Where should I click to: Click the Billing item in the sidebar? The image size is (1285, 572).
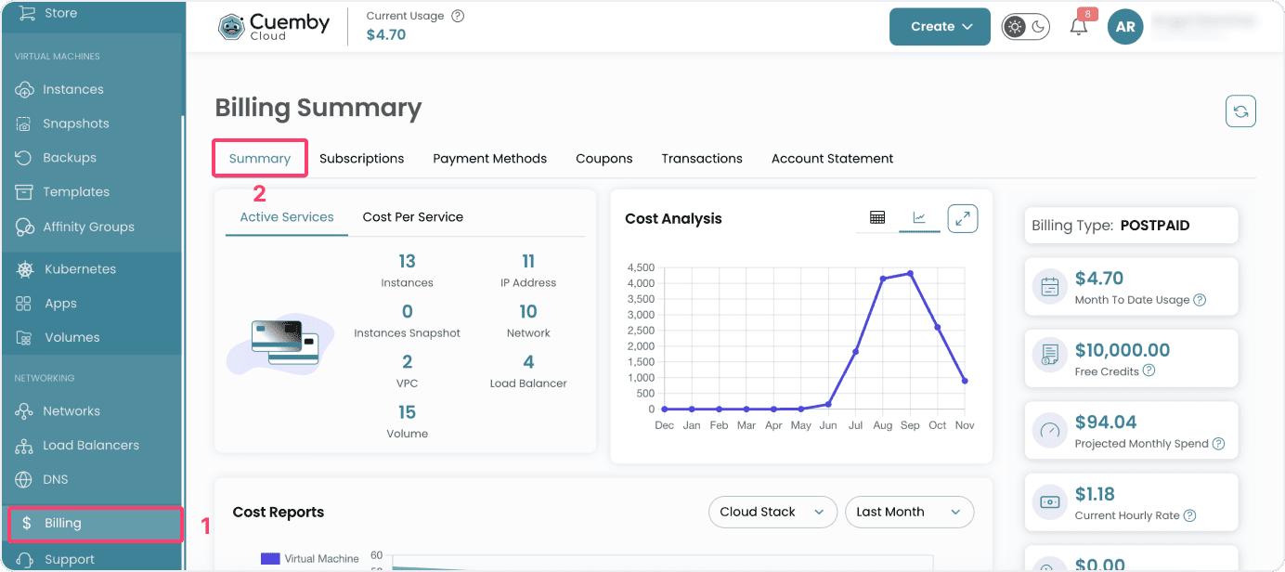coord(63,524)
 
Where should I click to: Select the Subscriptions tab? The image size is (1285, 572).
coord(361,159)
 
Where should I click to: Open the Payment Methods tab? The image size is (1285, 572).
coord(489,159)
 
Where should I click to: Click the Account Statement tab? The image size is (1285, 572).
coord(832,159)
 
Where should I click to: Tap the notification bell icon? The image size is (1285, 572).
coord(1079,27)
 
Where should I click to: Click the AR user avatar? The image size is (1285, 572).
coord(1125,27)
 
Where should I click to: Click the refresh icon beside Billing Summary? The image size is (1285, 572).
coord(1240,112)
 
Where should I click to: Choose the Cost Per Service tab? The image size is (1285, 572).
coord(412,217)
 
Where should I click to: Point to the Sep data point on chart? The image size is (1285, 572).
coord(911,273)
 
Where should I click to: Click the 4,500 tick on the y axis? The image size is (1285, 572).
coord(641,267)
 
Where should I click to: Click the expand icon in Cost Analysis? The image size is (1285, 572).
coord(963,218)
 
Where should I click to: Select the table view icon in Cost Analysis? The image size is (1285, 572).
coord(877,217)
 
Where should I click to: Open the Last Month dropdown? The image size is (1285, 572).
coord(908,512)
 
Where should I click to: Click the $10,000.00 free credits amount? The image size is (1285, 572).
coord(1122,350)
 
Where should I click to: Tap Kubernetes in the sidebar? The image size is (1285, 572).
coord(80,269)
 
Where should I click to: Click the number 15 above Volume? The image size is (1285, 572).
coord(407,412)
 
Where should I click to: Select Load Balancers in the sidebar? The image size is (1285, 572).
coord(90,446)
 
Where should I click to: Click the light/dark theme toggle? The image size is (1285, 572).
coord(1025,27)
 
